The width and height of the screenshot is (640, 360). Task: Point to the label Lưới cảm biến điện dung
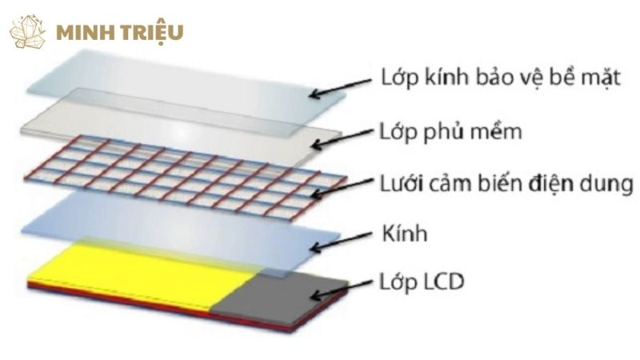(x=506, y=184)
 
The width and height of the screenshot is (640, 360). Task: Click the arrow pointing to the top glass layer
(x=341, y=87)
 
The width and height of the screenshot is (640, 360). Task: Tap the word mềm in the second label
(x=498, y=131)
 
